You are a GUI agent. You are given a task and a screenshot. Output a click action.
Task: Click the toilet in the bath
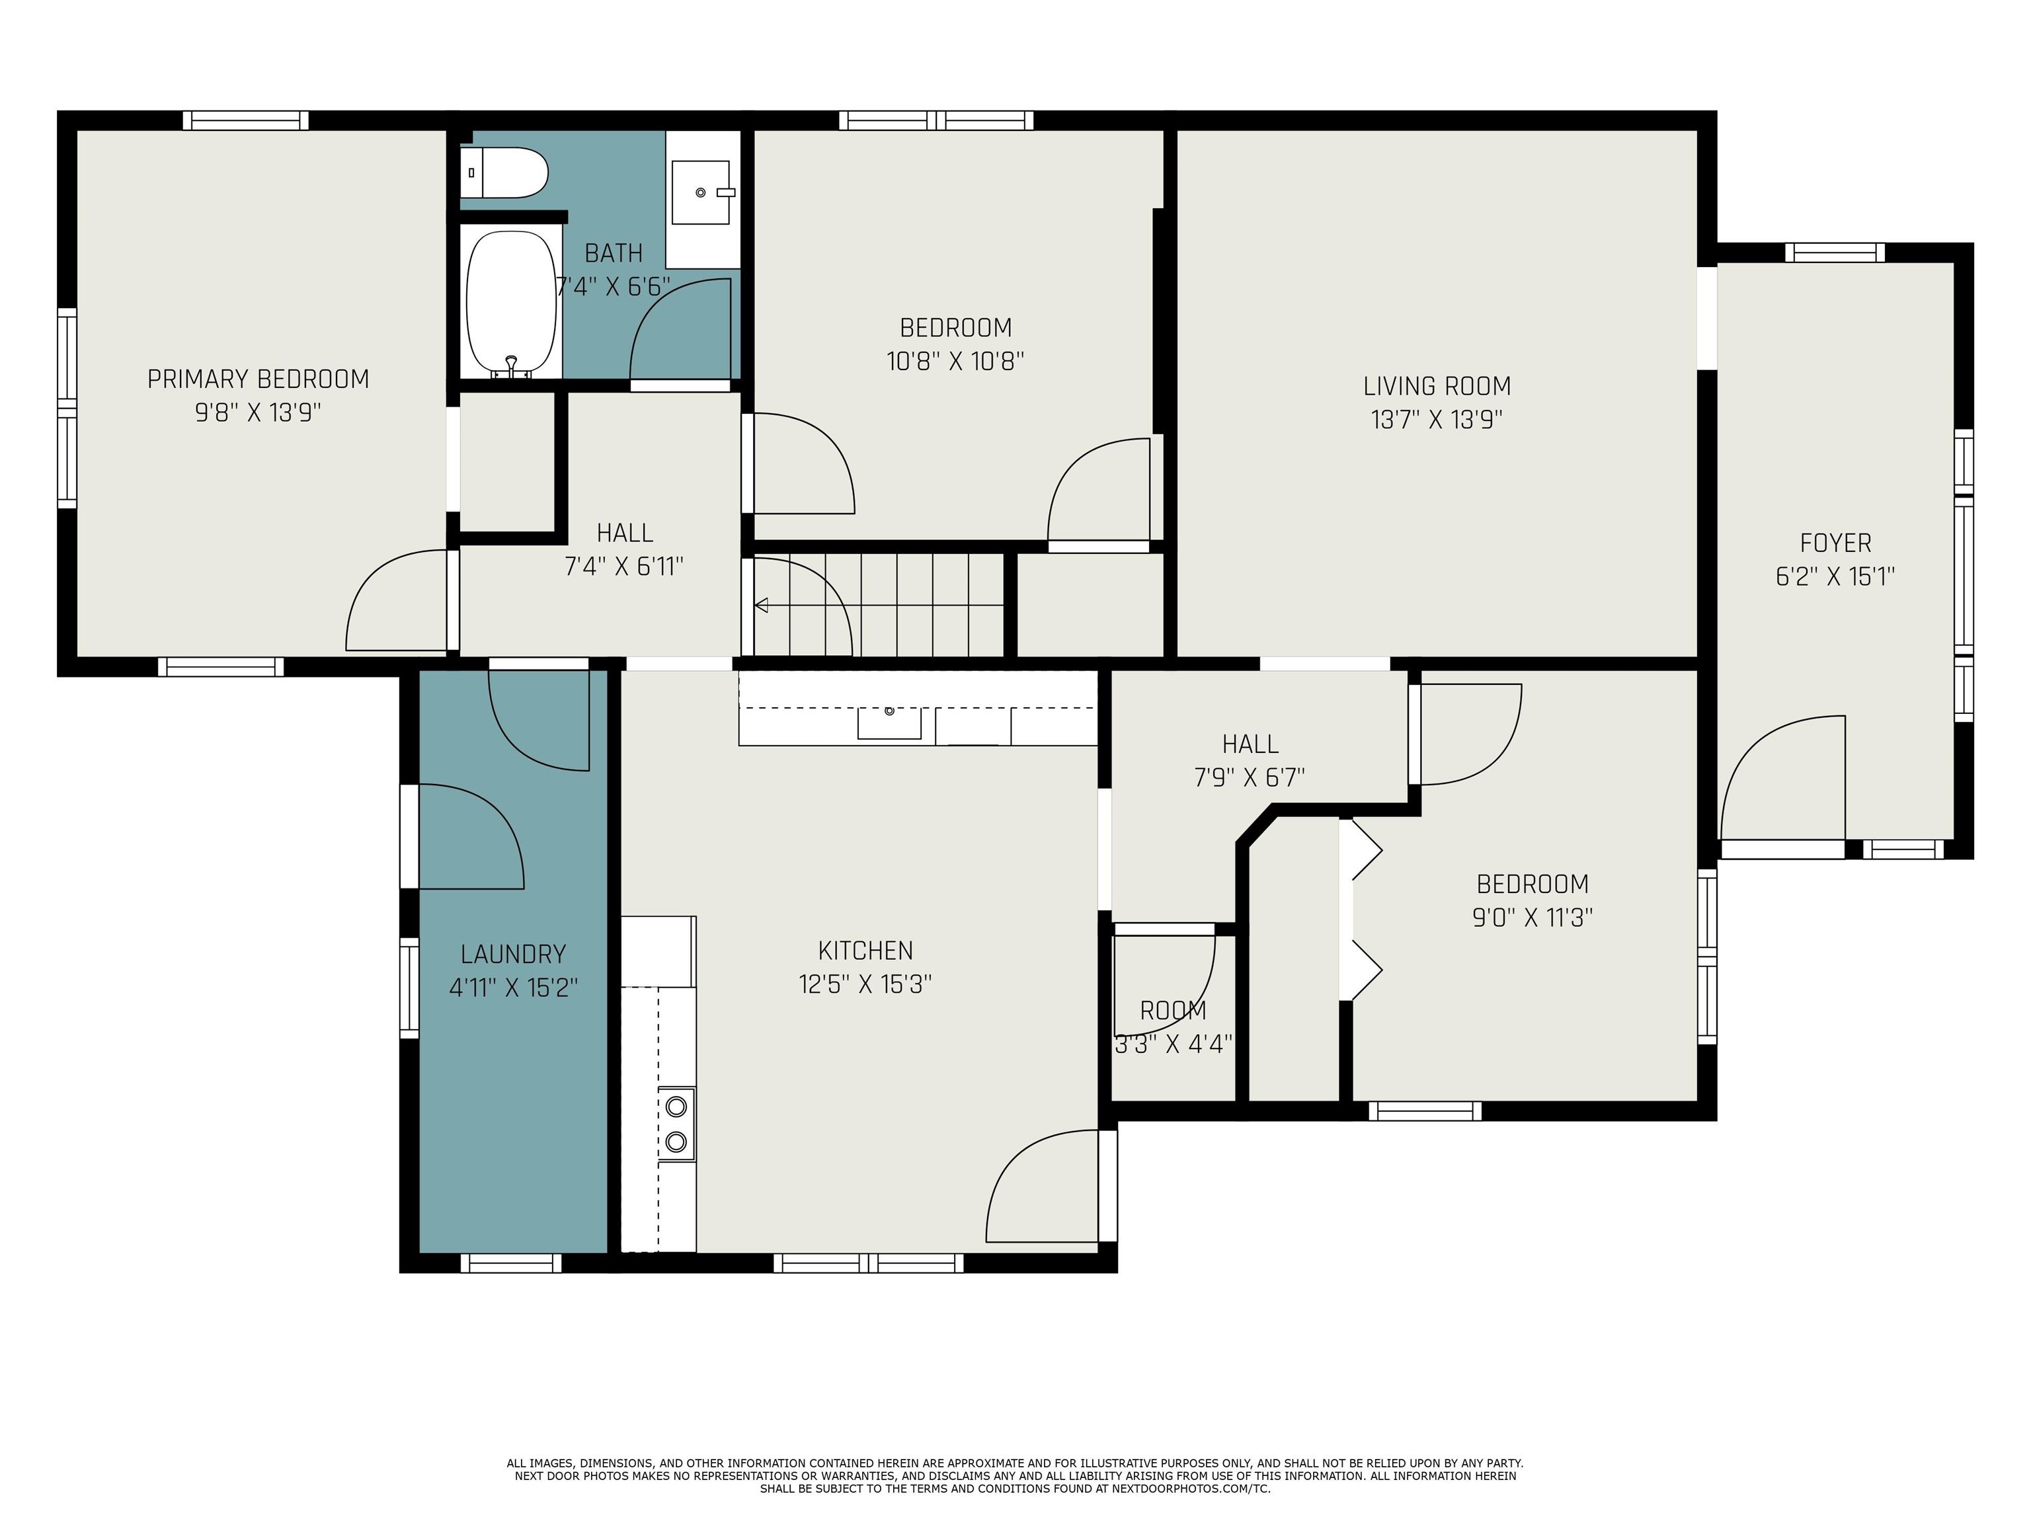[506, 173]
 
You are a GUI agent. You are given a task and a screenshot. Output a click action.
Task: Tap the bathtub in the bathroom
[512, 303]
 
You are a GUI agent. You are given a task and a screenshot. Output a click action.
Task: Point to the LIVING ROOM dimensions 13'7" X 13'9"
[1436, 420]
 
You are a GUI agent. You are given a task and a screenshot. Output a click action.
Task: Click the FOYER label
[1835, 543]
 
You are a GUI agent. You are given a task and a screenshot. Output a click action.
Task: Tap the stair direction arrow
[761, 605]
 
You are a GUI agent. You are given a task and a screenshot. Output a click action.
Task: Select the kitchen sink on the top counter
[889, 722]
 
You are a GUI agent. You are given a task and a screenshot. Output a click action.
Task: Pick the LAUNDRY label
[512, 955]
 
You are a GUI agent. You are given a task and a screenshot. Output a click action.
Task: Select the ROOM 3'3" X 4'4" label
[1172, 1027]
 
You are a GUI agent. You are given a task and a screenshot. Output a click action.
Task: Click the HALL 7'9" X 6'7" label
[1250, 760]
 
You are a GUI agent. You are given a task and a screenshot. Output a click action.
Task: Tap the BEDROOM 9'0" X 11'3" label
[1531, 900]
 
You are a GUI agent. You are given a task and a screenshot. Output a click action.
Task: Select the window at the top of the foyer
[1833, 253]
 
